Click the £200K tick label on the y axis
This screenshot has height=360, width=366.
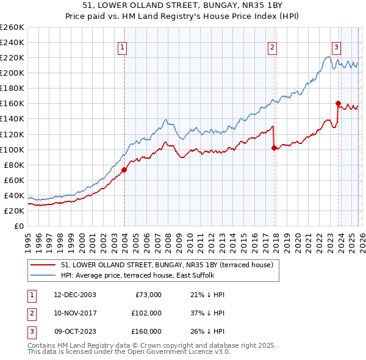pyautogui.click(x=12, y=73)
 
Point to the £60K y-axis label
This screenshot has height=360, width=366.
pyautogui.click(x=14, y=180)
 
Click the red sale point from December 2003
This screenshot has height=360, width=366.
pyautogui.click(x=124, y=170)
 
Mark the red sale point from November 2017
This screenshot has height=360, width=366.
pyautogui.click(x=274, y=147)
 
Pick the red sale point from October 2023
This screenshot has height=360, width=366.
pyautogui.click(x=337, y=103)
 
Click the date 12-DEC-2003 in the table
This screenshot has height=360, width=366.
pyautogui.click(x=74, y=295)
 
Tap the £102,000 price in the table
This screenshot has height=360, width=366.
pyautogui.click(x=146, y=313)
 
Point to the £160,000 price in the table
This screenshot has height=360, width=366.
pyautogui.click(x=146, y=331)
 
